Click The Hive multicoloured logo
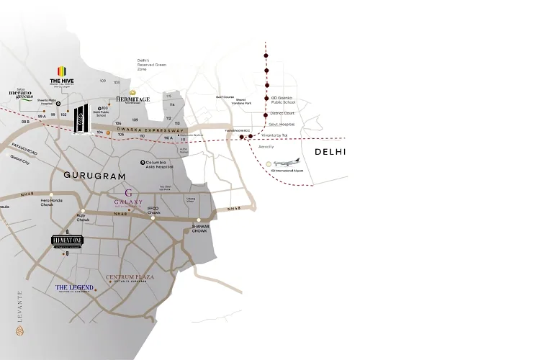[62, 70]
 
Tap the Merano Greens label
[22, 95]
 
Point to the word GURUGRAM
[94, 176]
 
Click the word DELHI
[330, 152]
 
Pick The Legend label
[75, 288]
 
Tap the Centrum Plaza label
[127, 277]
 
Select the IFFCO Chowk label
[153, 209]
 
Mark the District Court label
[284, 113]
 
